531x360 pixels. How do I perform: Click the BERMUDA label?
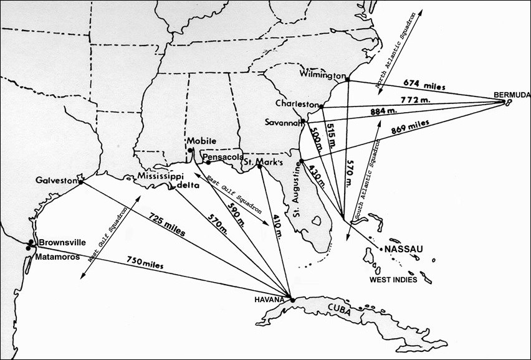[510, 95]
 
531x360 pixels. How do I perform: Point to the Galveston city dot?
[81, 181]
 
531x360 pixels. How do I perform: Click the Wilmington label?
[322, 73]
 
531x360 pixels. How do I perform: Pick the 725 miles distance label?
[166, 224]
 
